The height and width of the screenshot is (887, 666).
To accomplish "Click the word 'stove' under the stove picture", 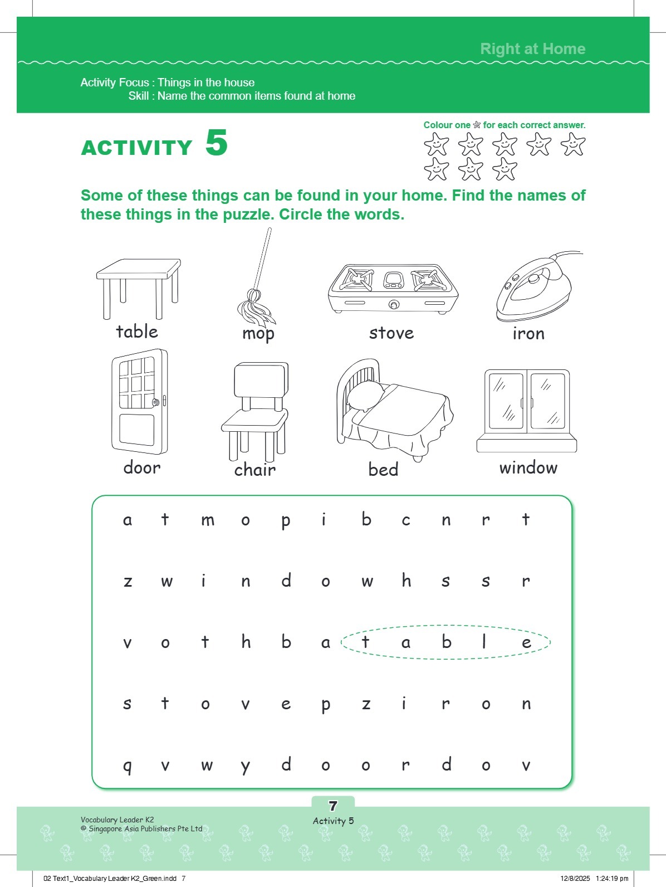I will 391,333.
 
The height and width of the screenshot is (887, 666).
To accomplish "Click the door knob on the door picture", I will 156,402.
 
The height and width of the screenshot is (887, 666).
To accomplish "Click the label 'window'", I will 528,468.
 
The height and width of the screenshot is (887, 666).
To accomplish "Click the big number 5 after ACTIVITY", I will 217,144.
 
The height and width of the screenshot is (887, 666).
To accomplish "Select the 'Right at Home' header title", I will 532,49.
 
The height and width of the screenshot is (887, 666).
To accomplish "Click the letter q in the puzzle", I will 128,766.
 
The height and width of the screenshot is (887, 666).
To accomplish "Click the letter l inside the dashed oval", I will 484,642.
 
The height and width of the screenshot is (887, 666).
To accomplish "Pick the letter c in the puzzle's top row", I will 406,520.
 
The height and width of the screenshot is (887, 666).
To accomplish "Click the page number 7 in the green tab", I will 333,806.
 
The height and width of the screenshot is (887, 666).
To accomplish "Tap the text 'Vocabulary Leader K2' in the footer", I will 117,820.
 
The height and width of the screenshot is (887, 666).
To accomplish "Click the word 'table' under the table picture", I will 137,332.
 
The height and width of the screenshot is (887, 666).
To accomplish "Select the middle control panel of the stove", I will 393,280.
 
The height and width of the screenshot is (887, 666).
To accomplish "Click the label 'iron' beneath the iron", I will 528,334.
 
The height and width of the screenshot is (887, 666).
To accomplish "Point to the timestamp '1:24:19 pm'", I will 611,879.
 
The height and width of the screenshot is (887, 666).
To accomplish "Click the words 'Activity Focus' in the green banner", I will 114,82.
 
